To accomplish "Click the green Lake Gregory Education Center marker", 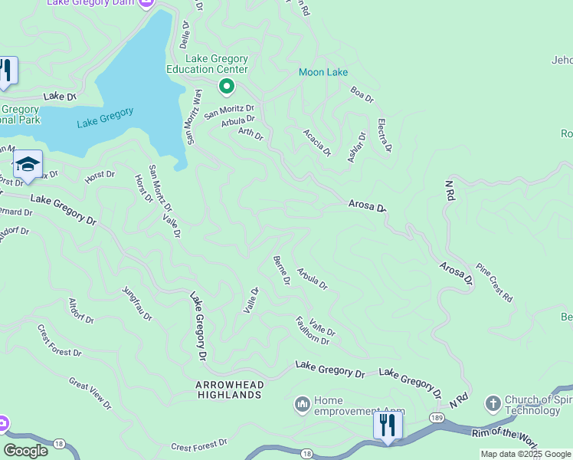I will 226,87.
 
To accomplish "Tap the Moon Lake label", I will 323,73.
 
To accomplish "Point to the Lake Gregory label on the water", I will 105,117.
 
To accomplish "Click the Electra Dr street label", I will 385,135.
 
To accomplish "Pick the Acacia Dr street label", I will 316,143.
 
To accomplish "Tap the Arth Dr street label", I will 250,134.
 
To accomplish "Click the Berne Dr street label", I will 281,271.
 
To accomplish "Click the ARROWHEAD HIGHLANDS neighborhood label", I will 229,389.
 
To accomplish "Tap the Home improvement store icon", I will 302,402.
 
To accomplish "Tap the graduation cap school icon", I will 28,165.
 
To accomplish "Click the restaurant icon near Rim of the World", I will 388,424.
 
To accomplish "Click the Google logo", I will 26,451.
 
